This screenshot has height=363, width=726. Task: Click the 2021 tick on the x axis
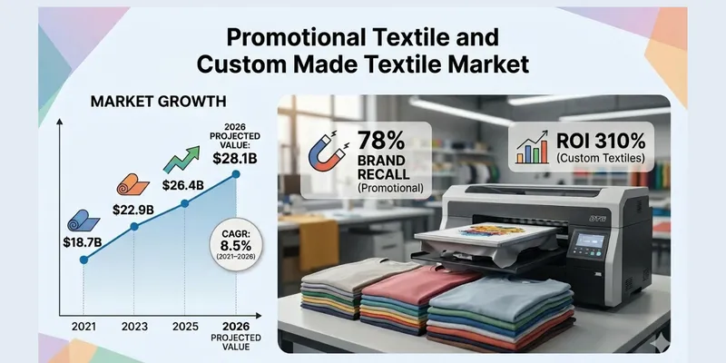[84, 324]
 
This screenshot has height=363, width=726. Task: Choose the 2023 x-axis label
[134, 324]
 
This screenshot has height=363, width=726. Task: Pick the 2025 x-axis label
[185, 324]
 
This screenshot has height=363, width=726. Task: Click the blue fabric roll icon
[80, 221]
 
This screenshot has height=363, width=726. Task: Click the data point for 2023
[134, 227]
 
